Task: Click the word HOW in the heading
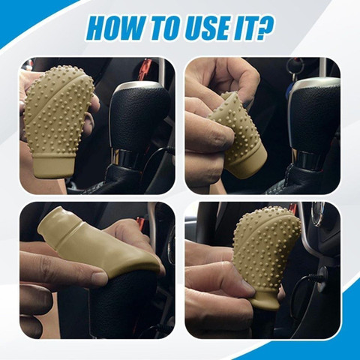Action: [x=114, y=28]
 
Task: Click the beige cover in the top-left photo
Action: [x=58, y=120]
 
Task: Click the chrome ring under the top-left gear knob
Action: [x=125, y=157]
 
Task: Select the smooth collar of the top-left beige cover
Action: [x=54, y=166]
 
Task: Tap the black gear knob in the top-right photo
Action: [x=316, y=115]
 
